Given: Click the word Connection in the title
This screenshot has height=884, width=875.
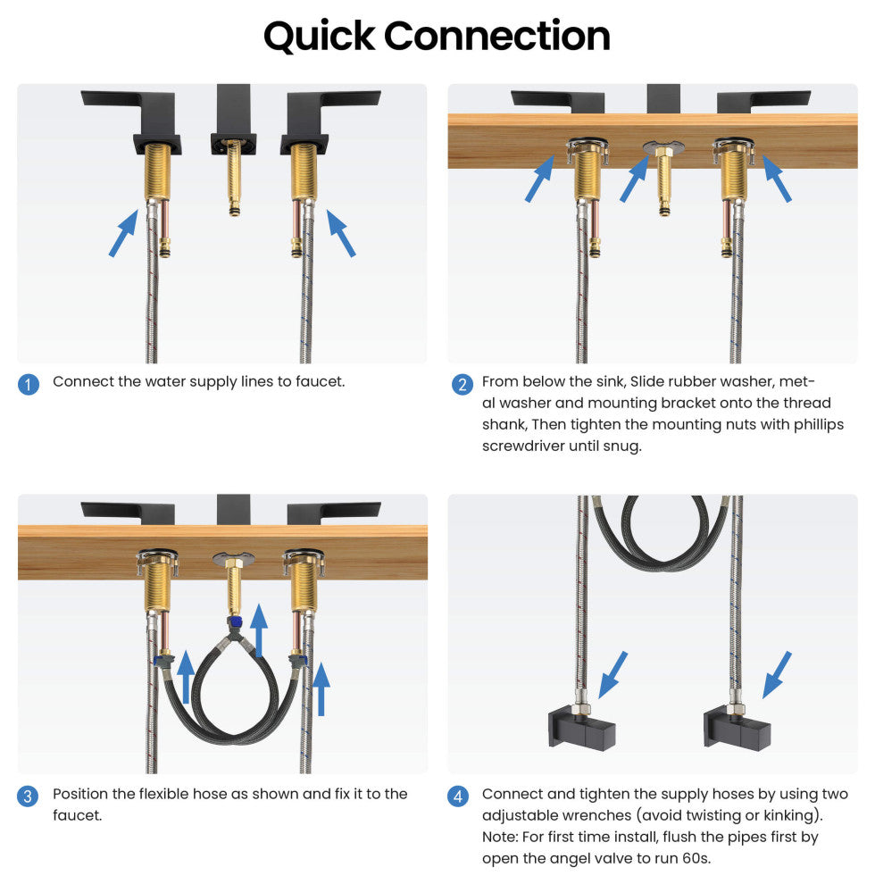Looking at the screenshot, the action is [497, 36].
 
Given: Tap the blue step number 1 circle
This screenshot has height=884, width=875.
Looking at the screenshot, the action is [29, 385].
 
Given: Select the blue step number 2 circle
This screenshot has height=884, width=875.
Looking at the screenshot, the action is [462, 385].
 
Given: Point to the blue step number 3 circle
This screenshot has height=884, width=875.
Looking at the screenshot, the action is [29, 796].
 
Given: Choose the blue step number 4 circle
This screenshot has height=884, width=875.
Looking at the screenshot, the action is [458, 796].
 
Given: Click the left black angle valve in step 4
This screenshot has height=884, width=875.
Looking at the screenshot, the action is [582, 730].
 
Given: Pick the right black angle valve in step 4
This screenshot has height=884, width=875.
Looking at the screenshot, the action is [737, 730].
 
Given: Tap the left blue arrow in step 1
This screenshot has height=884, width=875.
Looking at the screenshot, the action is [123, 233].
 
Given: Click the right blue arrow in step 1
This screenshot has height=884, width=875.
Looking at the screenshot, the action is [341, 233].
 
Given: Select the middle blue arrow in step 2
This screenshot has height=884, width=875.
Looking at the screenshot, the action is [635, 179].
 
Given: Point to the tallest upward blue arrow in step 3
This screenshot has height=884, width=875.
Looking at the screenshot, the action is [259, 630].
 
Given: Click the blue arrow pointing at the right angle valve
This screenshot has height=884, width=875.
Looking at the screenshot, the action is [777, 675].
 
